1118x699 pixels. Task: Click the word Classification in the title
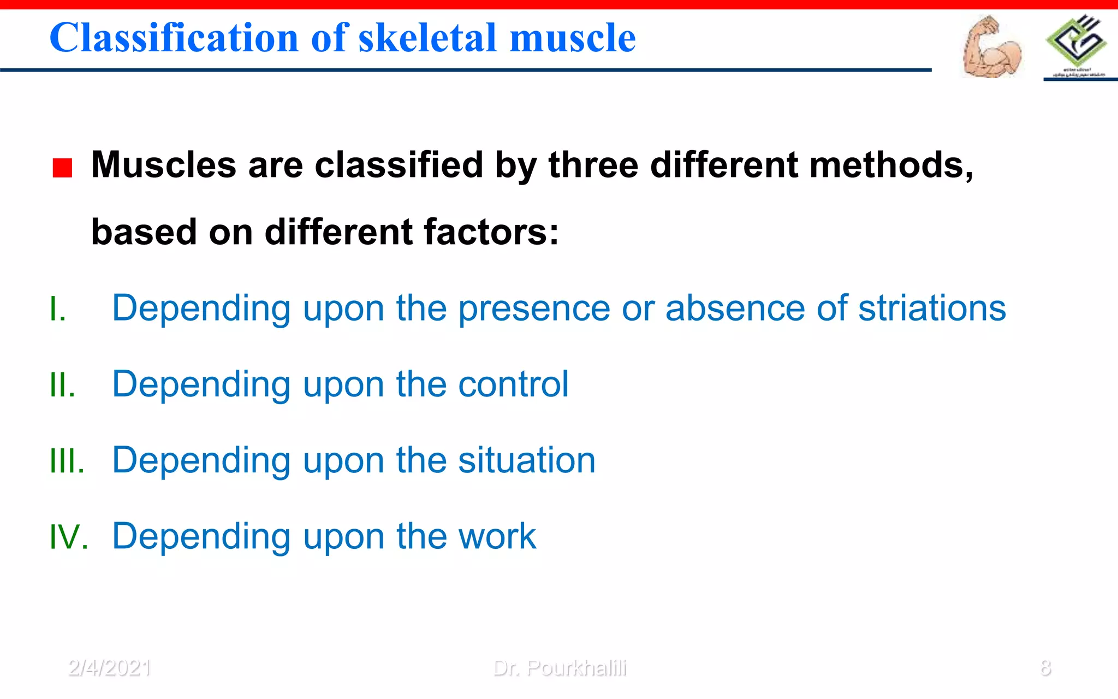(x=174, y=38)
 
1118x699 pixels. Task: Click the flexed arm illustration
(x=991, y=48)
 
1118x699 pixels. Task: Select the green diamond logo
(x=1076, y=41)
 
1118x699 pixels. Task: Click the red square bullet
(x=62, y=168)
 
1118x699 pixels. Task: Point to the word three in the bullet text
(x=593, y=165)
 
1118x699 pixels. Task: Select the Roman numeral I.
(x=57, y=309)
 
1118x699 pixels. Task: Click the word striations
(x=931, y=309)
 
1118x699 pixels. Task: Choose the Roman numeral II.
(x=62, y=385)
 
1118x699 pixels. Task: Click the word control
(x=513, y=384)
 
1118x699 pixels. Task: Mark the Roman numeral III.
(x=67, y=461)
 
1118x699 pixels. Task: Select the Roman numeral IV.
(x=68, y=537)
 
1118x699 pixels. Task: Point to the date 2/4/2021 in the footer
(x=110, y=668)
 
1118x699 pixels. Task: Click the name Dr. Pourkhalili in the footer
(x=560, y=668)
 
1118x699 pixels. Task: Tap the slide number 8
(x=1045, y=668)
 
